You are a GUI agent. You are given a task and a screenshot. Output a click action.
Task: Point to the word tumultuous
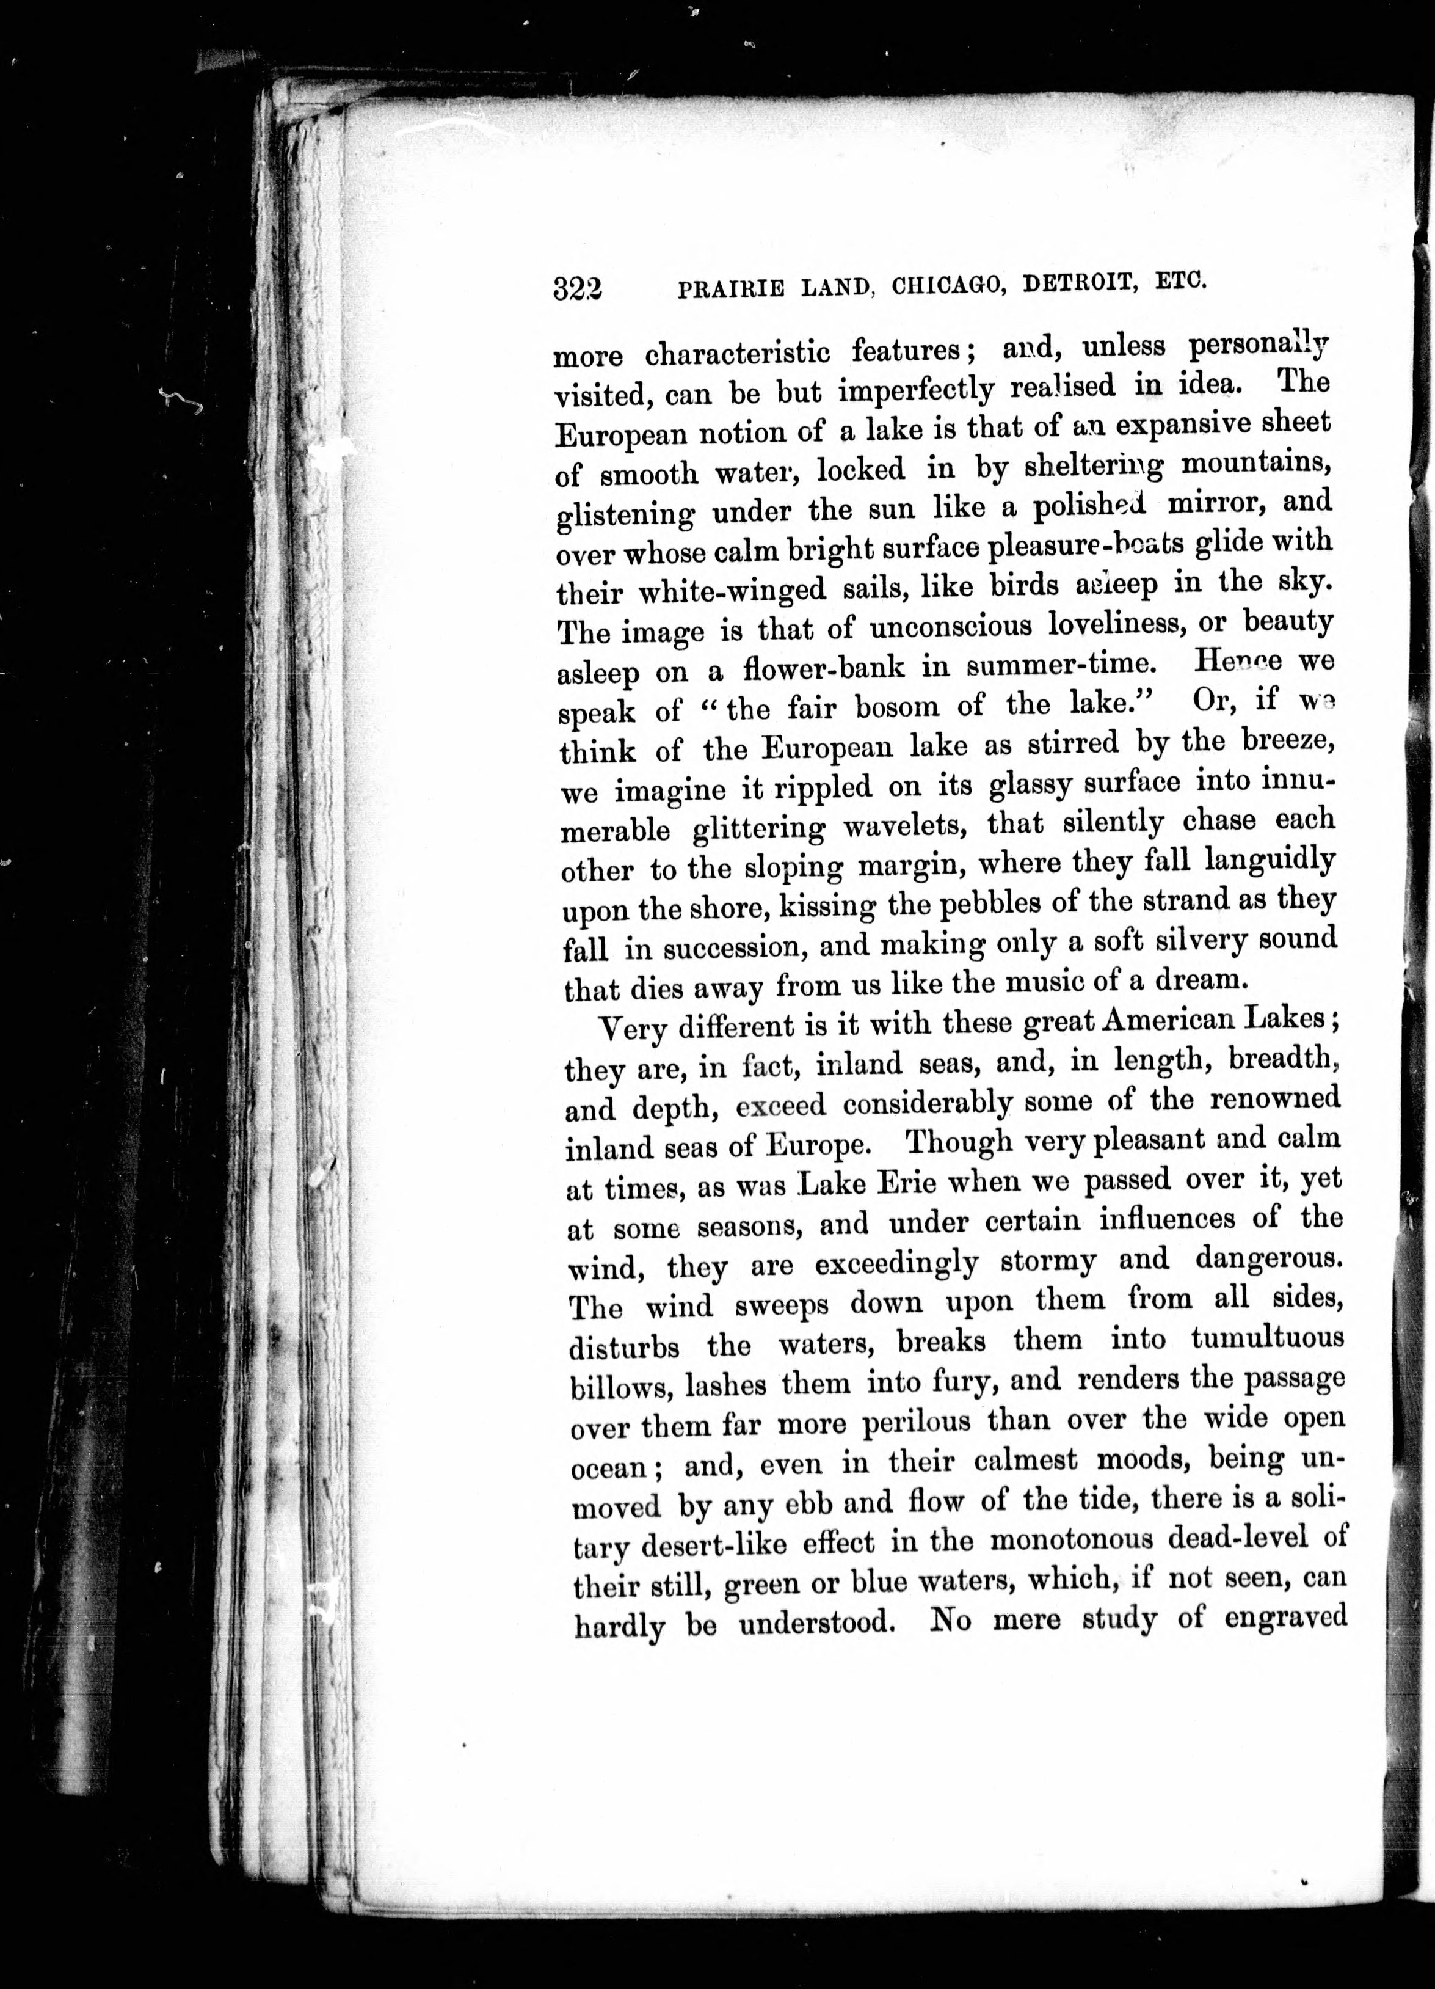coord(1266,1339)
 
